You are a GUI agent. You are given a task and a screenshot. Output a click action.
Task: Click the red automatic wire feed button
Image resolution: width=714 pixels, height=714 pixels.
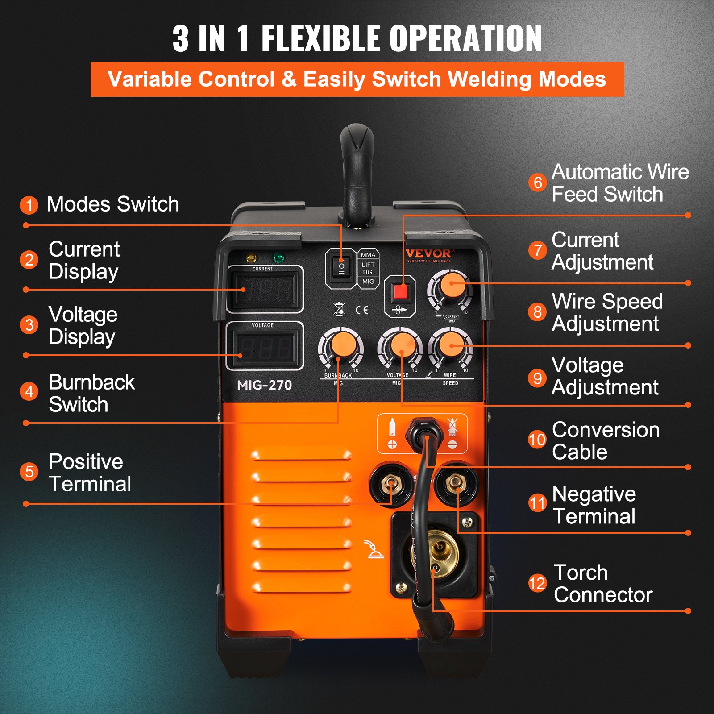pos(400,292)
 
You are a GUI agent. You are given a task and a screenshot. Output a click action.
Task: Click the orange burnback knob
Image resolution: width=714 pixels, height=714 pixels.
pos(341,346)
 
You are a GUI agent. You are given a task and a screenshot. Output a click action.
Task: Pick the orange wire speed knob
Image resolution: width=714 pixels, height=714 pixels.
pos(451,345)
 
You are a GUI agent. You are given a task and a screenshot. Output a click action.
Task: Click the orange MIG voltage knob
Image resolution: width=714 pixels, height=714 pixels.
pos(400,346)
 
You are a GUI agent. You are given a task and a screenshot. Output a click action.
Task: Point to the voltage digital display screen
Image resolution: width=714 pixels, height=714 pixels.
pos(265,348)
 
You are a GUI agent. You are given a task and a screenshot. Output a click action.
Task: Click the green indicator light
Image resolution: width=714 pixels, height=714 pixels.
pos(278,258)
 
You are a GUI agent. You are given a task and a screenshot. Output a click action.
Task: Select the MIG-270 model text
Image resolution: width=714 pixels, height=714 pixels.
pos(264,385)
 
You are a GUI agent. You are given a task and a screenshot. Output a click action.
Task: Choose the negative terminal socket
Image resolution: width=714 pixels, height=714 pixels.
pos(456,483)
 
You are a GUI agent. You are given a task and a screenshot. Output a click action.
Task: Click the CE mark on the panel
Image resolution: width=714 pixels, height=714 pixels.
pos(362,310)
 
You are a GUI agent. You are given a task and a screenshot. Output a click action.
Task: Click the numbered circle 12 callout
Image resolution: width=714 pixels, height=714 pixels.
pos(537,583)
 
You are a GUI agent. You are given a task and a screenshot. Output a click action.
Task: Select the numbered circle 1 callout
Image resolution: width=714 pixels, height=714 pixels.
pos(29,205)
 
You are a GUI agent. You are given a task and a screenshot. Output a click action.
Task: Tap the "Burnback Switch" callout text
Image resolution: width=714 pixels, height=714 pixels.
pos(91,393)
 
